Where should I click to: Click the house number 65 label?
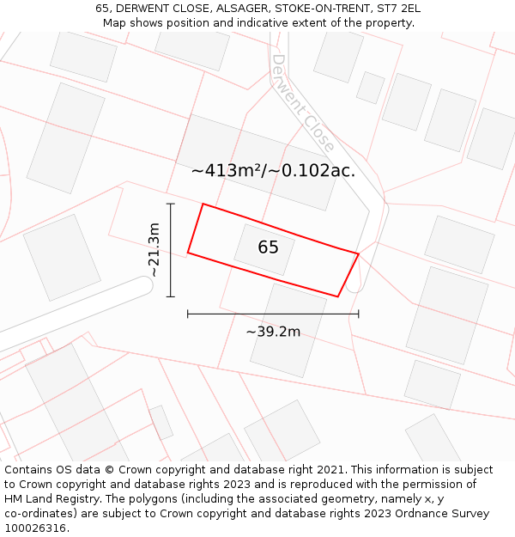tap(268, 247)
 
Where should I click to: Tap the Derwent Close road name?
tap(303, 103)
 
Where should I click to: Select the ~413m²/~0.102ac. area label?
tap(273, 170)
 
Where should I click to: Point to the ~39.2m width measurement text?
tap(273, 332)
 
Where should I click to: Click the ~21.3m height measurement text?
tap(154, 250)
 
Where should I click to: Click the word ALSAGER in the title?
tap(243, 9)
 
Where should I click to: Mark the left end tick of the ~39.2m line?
tap(188, 314)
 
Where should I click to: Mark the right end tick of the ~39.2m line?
tap(359, 314)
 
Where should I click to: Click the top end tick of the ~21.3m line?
tap(171, 204)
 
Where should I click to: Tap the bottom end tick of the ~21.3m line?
tap(171, 296)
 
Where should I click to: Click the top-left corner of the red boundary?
tap(203, 204)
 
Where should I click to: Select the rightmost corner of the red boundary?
tap(358, 253)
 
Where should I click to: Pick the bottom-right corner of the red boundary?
tap(337, 296)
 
